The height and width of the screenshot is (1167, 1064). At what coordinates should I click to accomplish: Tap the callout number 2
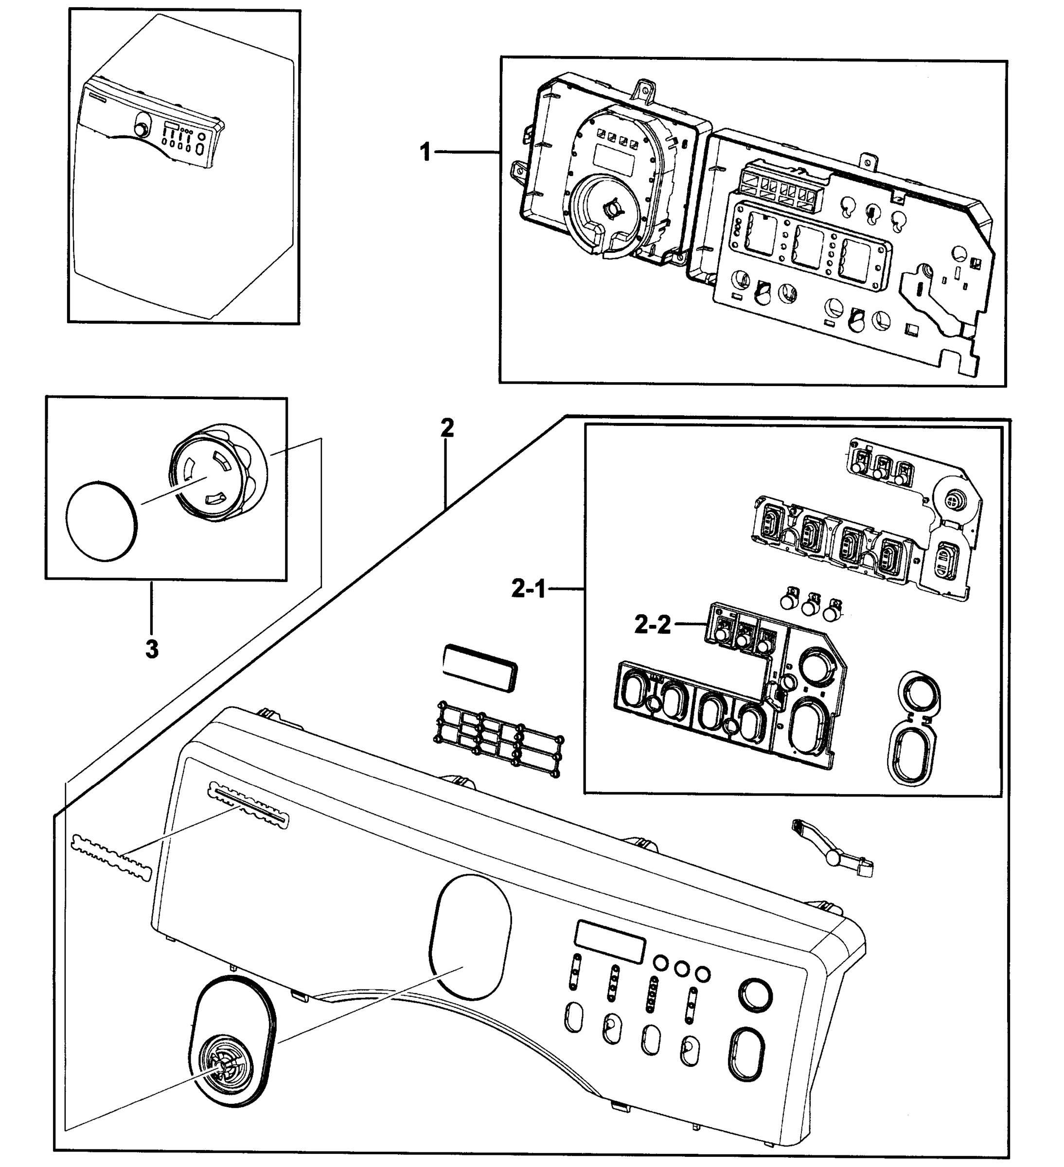pos(447,429)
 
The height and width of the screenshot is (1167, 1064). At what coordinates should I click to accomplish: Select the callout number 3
pos(152,650)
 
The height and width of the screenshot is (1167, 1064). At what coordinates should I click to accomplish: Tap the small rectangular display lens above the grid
pos(480,669)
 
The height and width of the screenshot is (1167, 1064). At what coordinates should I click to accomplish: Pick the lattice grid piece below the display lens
pos(498,739)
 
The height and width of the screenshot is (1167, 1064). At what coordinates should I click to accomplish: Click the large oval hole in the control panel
pos(471,936)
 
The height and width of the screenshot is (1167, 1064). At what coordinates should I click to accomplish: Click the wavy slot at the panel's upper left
pos(247,804)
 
